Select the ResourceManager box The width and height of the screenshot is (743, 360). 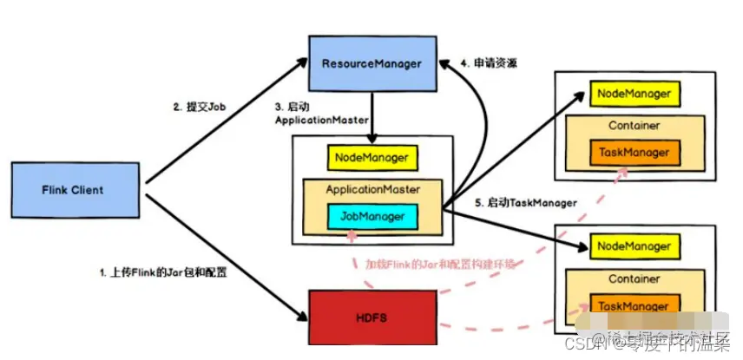[x=371, y=62]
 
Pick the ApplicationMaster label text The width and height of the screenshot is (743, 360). [x=371, y=188]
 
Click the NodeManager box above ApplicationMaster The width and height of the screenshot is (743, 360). [x=371, y=158]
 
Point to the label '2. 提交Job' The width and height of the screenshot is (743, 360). [x=202, y=107]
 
